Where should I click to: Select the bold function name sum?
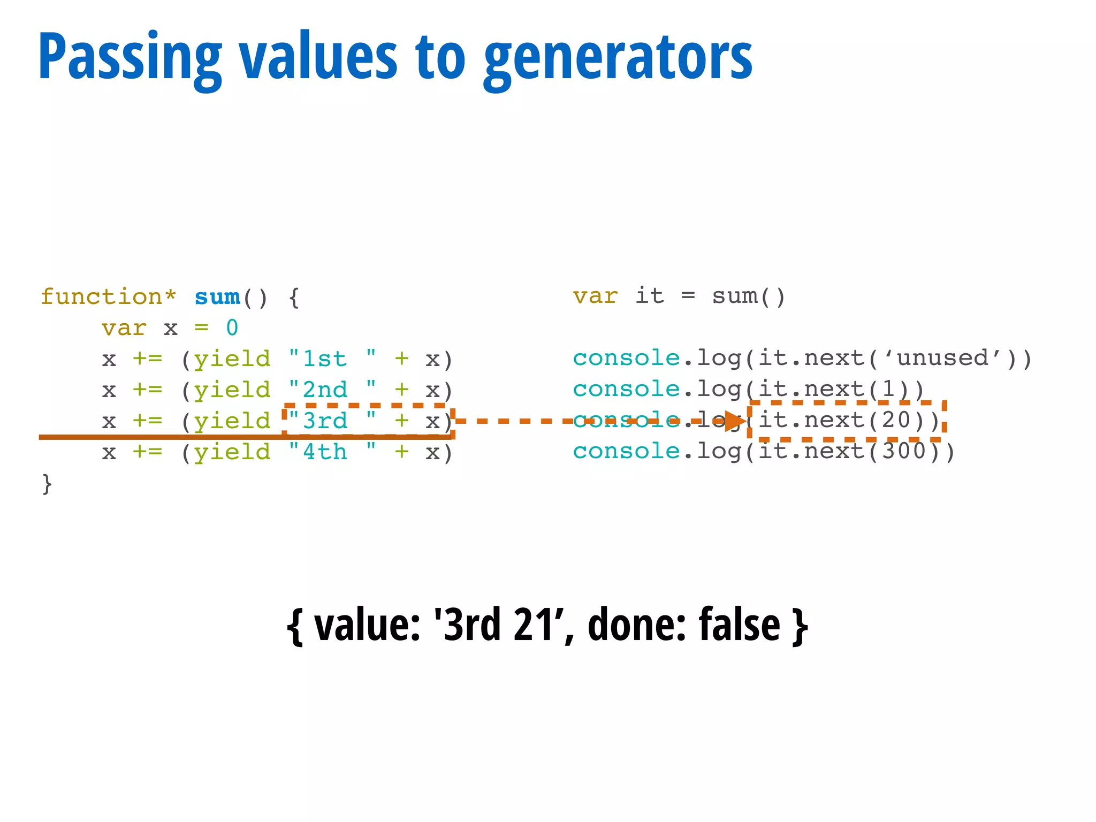(x=217, y=297)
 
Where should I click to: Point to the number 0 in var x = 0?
(x=232, y=328)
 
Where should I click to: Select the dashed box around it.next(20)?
(x=847, y=403)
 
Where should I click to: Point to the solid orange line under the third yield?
(x=161, y=437)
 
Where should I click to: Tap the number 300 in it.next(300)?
(x=904, y=451)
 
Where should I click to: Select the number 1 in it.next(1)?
(x=888, y=389)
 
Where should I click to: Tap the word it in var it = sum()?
(x=650, y=296)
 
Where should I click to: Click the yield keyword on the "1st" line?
(x=232, y=359)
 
